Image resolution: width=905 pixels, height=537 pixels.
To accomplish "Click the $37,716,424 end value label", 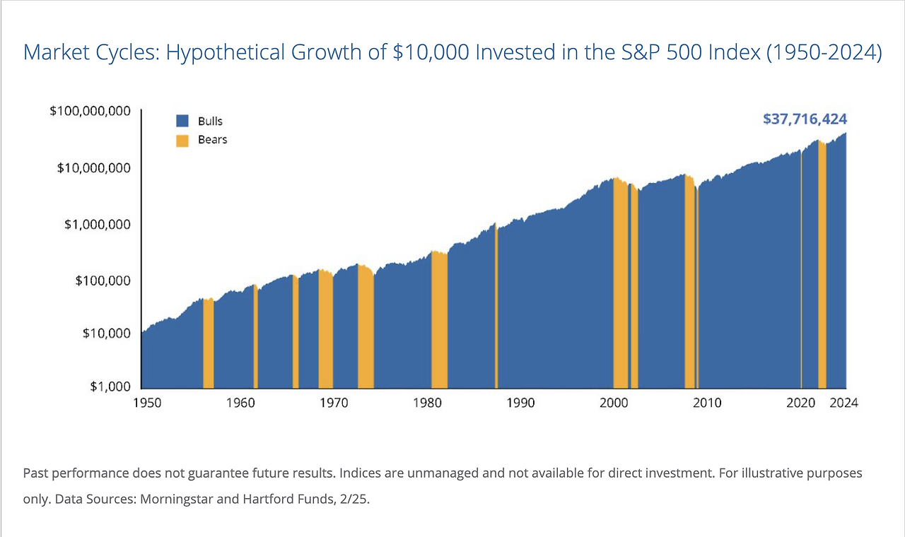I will [x=805, y=119].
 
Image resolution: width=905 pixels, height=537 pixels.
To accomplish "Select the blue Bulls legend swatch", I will [x=182, y=121].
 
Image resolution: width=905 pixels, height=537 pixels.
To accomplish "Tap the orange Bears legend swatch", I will [x=182, y=140].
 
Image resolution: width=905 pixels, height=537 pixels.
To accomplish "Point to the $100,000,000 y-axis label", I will [x=90, y=112].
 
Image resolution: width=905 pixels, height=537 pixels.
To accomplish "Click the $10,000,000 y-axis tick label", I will [x=94, y=168].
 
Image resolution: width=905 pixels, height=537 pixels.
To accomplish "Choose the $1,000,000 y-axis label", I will [x=98, y=224].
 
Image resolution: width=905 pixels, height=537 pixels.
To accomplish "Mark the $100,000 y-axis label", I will [x=102, y=281].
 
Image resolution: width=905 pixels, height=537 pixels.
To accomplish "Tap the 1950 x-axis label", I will [x=147, y=403].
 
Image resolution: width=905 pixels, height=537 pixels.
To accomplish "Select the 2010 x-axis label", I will [x=707, y=403].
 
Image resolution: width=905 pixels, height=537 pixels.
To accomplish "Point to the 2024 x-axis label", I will [x=843, y=403].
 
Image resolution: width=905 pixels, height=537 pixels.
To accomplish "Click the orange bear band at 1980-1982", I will [x=439, y=318].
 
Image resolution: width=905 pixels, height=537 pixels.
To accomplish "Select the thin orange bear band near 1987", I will [x=496, y=311].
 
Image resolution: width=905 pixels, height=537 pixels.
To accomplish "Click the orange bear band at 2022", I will [x=822, y=268].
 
